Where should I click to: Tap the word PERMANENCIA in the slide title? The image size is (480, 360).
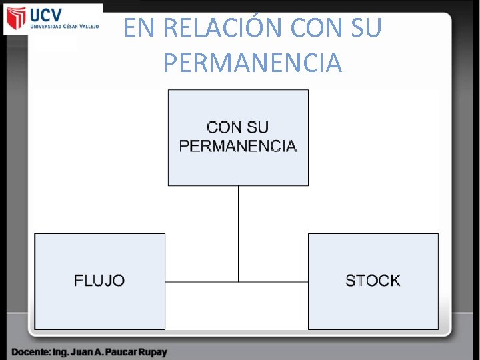tap(253, 63)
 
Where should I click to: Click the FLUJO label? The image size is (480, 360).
tap(99, 281)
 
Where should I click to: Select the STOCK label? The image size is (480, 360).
tap(373, 281)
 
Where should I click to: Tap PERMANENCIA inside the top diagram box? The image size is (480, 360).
tap(238, 146)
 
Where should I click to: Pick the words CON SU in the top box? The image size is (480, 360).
tap(238, 127)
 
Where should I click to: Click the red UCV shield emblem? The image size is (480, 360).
tap(15, 19)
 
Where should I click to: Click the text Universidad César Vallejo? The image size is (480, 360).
tap(64, 27)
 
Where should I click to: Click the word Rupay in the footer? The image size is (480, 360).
tap(153, 351)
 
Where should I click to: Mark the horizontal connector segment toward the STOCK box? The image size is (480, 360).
tap(273, 281)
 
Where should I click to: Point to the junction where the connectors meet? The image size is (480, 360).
tap(238, 281)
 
